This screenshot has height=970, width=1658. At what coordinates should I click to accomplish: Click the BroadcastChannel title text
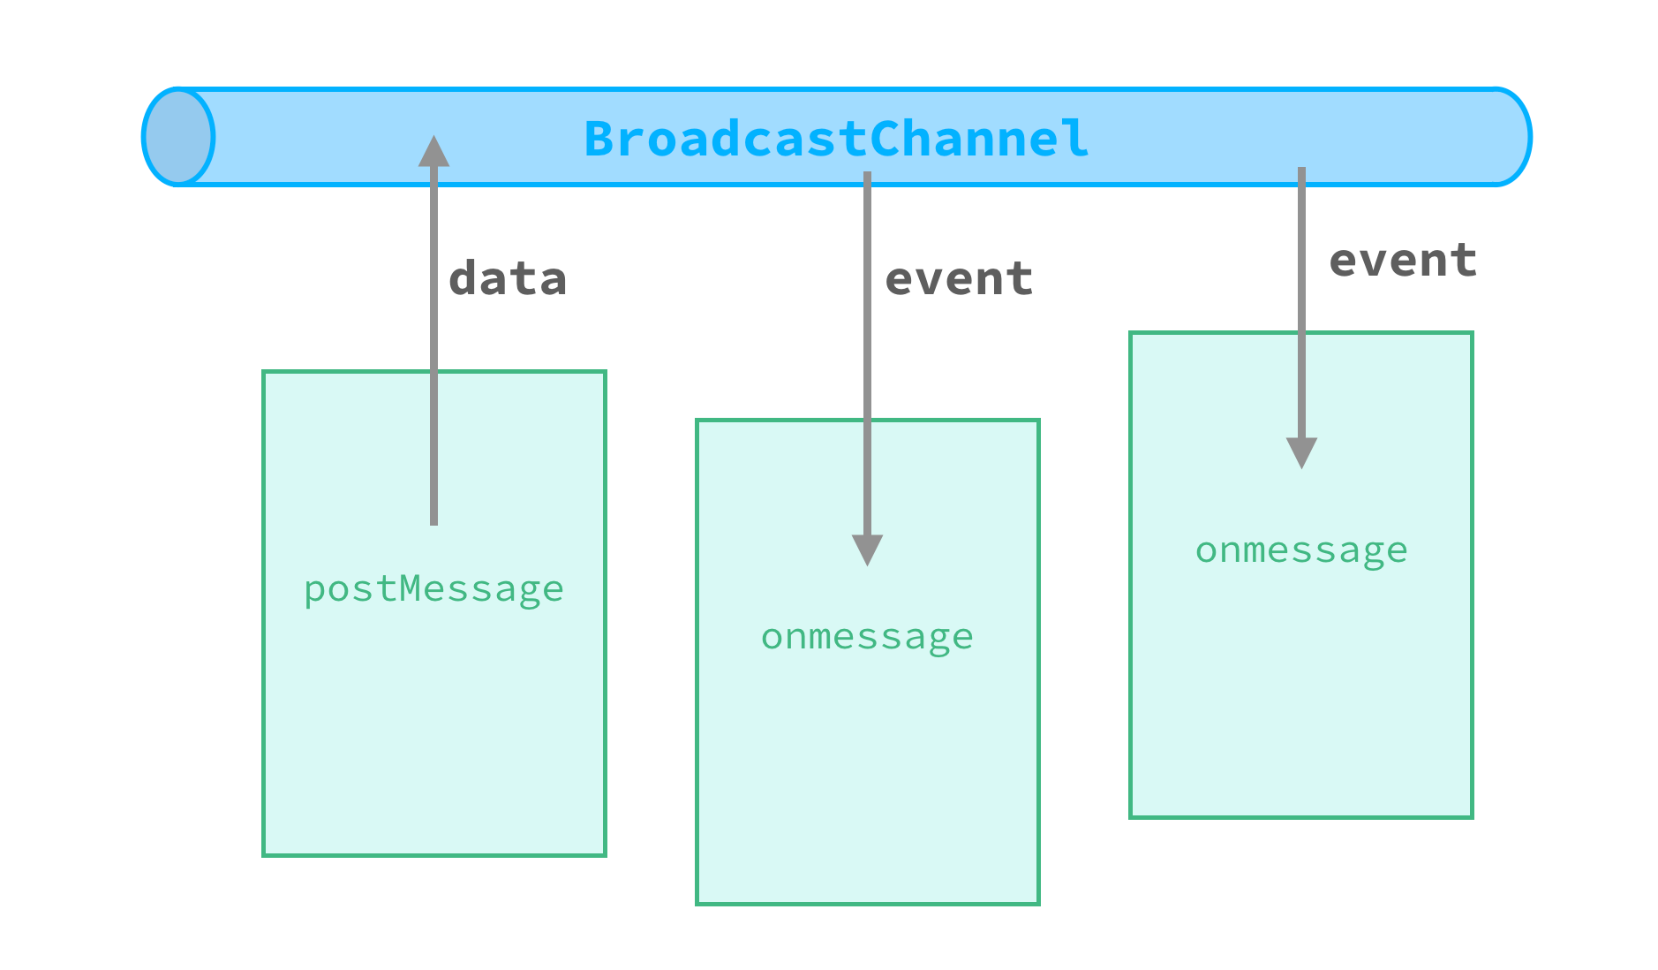(836, 139)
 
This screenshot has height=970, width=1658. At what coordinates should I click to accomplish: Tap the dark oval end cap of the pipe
(178, 137)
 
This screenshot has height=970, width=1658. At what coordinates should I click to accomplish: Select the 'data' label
(508, 279)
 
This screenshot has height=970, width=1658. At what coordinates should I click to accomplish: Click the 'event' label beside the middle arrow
(959, 279)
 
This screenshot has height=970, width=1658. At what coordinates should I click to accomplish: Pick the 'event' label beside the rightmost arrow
(1403, 261)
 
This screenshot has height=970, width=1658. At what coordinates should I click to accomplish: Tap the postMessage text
(433, 589)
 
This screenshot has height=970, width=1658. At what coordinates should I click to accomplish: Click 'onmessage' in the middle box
(867, 637)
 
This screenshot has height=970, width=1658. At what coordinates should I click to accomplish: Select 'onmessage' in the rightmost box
(1301, 550)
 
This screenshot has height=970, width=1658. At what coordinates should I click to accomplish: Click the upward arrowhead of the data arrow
(433, 151)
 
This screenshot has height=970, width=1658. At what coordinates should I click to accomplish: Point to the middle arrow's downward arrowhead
(867, 549)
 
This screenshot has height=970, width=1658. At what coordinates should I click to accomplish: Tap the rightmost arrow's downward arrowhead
(1301, 452)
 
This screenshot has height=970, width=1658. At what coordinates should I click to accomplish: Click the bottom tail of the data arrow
(433, 521)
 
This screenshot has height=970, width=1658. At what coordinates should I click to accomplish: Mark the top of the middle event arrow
(867, 175)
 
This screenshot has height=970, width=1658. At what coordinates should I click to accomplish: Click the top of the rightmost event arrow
(1301, 171)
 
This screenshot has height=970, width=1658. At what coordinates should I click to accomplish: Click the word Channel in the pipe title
(979, 139)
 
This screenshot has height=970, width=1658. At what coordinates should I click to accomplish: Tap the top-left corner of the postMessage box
(264, 372)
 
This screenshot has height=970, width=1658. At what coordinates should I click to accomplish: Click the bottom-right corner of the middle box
(1038, 903)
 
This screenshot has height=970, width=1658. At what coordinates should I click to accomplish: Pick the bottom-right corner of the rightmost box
(1472, 816)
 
